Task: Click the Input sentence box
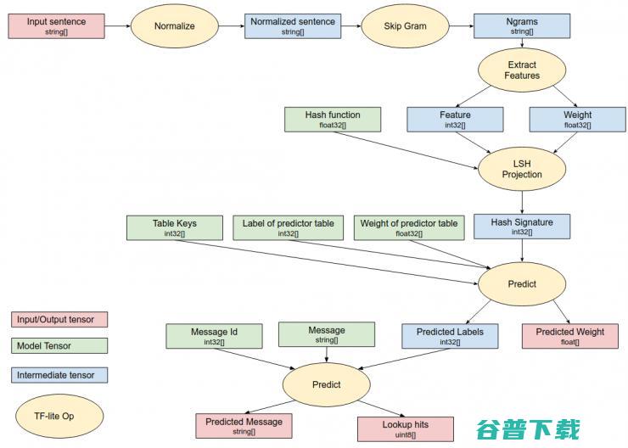point(56,25)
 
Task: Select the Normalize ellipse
point(174,26)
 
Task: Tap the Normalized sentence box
point(292,25)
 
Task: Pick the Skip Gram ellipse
point(406,26)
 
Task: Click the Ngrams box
point(521,25)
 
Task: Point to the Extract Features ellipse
point(521,70)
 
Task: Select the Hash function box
point(333,119)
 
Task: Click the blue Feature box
point(455,119)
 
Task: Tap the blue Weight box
point(577,119)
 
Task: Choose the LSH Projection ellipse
point(521,168)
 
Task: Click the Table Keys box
point(174,227)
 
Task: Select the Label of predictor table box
point(289,227)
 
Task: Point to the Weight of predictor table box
point(409,227)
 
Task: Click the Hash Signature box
point(521,227)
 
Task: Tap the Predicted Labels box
point(450,336)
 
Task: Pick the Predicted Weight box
point(570,336)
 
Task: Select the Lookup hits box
point(406,428)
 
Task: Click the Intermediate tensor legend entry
point(59,373)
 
